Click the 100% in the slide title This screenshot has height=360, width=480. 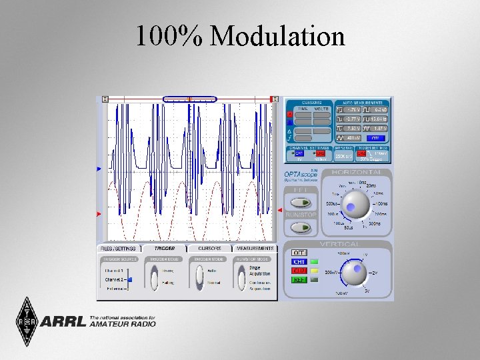(170, 37)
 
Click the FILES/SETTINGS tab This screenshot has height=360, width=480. (119, 248)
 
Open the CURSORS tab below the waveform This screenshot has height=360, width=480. (209, 248)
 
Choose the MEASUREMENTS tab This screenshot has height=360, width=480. (254, 248)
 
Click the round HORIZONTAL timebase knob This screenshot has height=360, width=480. (357, 203)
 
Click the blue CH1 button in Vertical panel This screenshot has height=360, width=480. (299, 262)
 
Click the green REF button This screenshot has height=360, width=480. (299, 280)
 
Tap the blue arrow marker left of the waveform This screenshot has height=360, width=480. (99, 169)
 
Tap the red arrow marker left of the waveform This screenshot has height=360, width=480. (99, 214)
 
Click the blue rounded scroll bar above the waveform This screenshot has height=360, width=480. (190, 99)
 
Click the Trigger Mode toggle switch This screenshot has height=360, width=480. (198, 276)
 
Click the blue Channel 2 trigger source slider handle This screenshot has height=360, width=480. (131, 280)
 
